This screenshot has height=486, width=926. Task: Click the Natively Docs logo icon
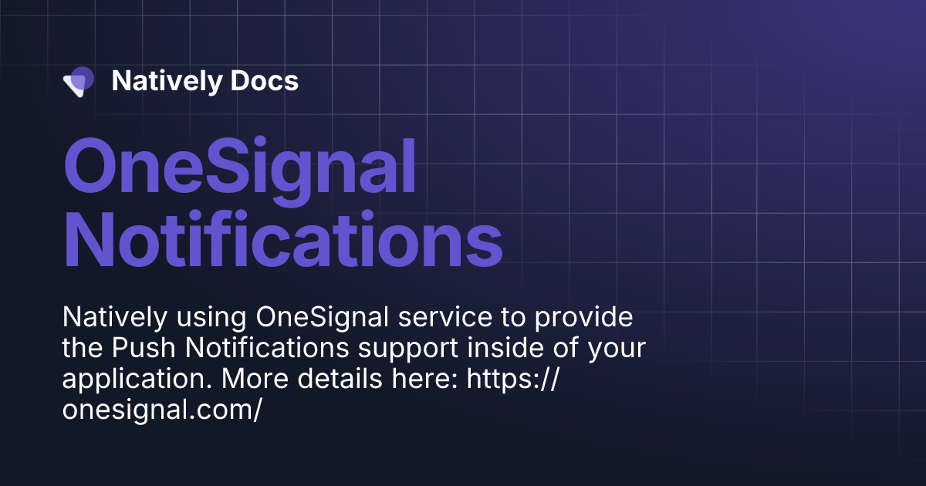[79, 81]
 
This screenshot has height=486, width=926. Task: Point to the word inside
[514, 349]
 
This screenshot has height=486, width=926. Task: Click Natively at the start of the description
[113, 318]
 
